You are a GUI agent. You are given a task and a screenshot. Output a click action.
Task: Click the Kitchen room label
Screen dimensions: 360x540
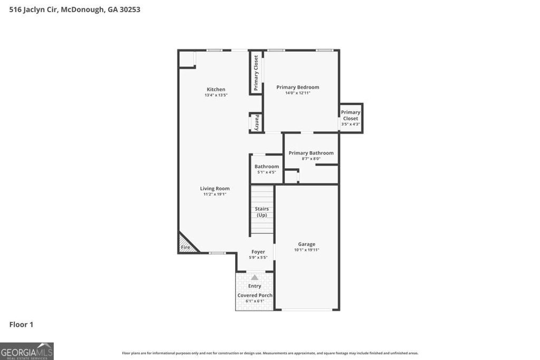click(216, 89)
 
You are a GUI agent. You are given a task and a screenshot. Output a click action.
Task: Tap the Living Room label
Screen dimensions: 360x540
click(215, 188)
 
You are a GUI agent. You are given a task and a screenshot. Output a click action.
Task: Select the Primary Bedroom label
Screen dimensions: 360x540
click(297, 87)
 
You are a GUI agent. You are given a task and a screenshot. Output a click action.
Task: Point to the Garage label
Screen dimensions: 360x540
click(306, 244)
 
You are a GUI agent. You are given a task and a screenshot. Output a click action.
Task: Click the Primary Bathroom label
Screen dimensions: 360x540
click(311, 153)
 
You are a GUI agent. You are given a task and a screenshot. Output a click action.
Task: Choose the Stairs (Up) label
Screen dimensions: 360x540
click(262, 212)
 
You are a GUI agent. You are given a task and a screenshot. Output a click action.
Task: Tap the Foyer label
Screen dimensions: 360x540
click(258, 251)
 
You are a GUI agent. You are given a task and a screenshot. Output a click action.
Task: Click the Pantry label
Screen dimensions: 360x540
click(257, 123)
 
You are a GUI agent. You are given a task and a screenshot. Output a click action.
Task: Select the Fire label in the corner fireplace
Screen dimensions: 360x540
click(186, 247)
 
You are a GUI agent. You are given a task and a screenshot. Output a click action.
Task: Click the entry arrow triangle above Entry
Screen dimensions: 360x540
click(255, 277)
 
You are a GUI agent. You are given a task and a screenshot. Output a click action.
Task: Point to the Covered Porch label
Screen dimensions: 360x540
click(255, 295)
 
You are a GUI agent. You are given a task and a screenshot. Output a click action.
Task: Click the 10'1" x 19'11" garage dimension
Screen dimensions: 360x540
click(306, 250)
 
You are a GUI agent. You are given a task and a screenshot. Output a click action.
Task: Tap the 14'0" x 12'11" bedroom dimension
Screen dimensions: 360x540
click(297, 93)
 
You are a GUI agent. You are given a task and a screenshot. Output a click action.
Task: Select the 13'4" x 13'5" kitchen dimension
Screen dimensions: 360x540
click(216, 95)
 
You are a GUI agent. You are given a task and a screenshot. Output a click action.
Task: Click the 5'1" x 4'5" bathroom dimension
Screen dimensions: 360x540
click(266, 172)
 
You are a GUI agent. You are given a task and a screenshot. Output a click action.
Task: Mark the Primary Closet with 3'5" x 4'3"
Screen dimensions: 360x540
click(351, 118)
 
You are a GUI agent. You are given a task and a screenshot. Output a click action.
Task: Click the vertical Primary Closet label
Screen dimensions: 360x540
click(256, 73)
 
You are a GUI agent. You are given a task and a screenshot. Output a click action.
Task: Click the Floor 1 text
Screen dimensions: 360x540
click(21, 324)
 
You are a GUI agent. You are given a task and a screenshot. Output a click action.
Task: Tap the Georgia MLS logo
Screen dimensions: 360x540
click(27, 351)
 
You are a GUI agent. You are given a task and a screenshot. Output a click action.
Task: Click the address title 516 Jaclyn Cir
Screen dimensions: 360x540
click(74, 9)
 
